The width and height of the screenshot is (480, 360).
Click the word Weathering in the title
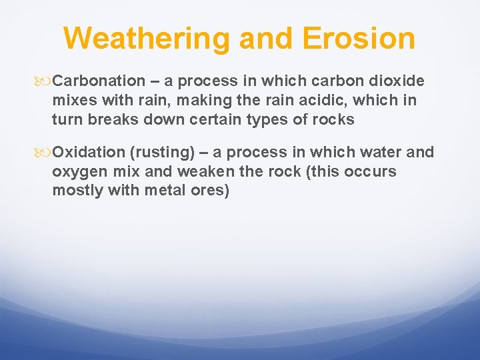147,38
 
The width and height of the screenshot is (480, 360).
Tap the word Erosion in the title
359,38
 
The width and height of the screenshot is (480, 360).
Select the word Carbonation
99,81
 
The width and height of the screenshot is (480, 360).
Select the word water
381,153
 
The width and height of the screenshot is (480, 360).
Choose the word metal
169,191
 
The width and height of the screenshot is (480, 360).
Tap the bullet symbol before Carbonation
45,81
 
